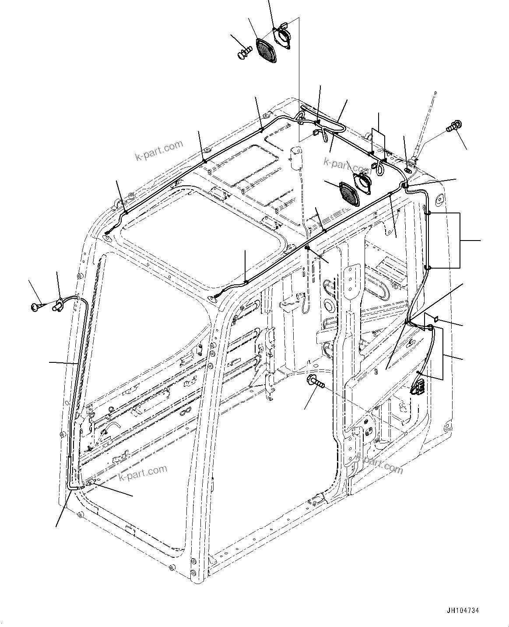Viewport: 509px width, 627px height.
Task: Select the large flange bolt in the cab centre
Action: pos(316,382)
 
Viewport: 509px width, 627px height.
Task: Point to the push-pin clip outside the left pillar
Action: pos(36,307)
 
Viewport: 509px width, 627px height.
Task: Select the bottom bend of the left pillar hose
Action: pos(71,485)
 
